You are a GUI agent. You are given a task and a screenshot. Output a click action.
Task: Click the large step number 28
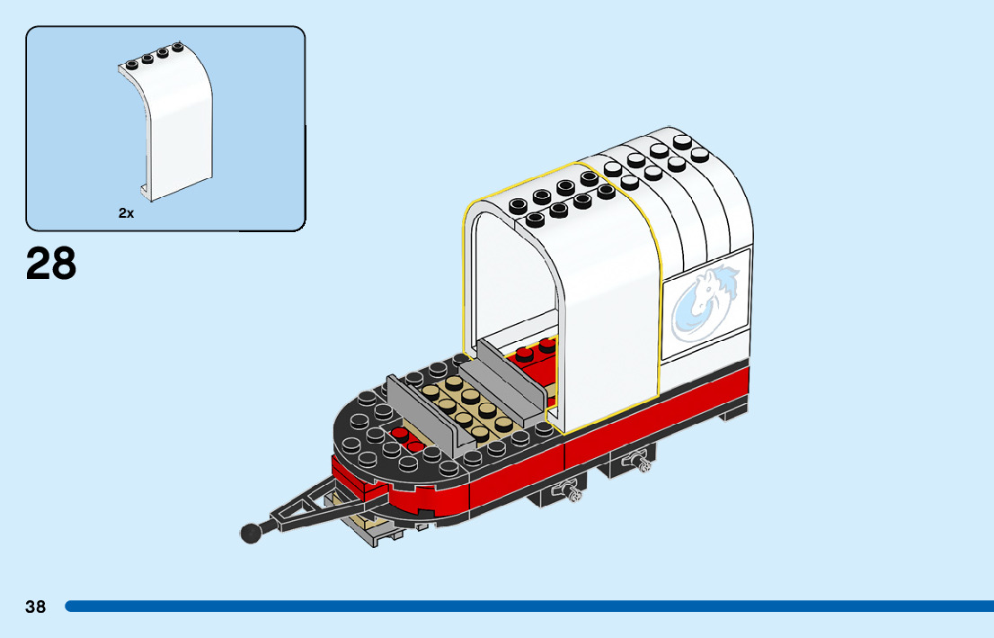[51, 264]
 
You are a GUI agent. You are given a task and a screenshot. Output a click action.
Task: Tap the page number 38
[35, 607]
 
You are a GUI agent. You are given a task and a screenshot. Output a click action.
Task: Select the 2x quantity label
[126, 213]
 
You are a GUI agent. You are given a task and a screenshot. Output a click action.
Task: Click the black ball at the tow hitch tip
[251, 533]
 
